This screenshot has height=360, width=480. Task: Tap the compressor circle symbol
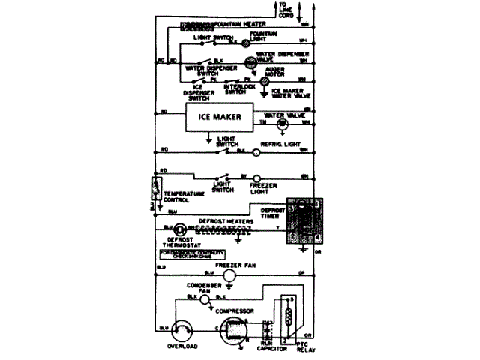click(233, 329)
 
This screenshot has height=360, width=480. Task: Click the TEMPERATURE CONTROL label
click(184, 196)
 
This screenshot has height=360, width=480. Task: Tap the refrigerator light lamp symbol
click(255, 152)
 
